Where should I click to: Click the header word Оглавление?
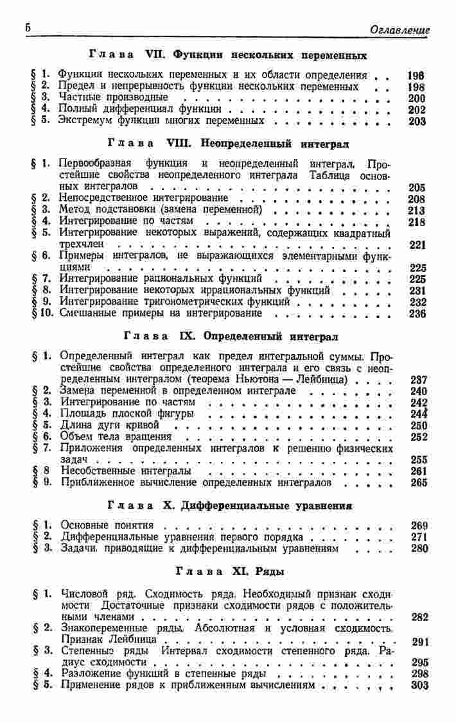pos(400,30)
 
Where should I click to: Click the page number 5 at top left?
pos(28,28)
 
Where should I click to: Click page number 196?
pos(417,76)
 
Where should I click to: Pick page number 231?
pos(417,291)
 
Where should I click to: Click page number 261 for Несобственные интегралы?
pos(418,472)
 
